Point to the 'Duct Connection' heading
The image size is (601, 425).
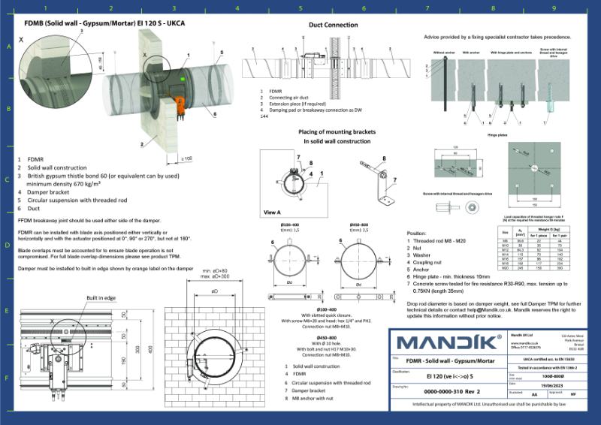pyautogui.click(x=334, y=25)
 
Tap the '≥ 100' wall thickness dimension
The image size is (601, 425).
pyautogui.click(x=187, y=158)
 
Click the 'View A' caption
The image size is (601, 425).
pyautogui.click(x=273, y=212)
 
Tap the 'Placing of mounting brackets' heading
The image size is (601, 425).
pyautogui.click(x=333, y=131)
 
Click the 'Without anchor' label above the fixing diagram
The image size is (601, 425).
pyautogui.click(x=444, y=53)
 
